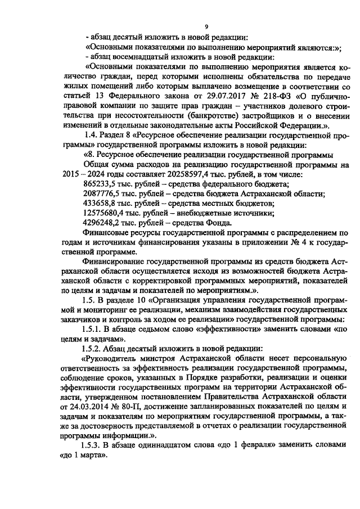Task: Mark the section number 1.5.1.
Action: (x=93, y=329)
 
